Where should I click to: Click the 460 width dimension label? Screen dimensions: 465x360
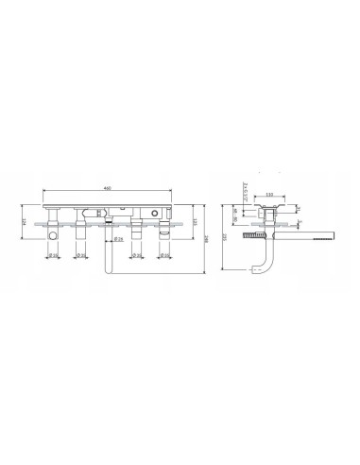[x=108, y=188]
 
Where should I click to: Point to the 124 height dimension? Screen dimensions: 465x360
[x=23, y=222]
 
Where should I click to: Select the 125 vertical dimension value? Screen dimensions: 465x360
[x=194, y=223]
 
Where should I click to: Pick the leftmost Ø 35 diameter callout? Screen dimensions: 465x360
[x=54, y=255]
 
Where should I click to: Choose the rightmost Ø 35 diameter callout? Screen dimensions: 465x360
[x=164, y=255]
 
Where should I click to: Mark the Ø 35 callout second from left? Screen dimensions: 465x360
[x=79, y=255]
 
